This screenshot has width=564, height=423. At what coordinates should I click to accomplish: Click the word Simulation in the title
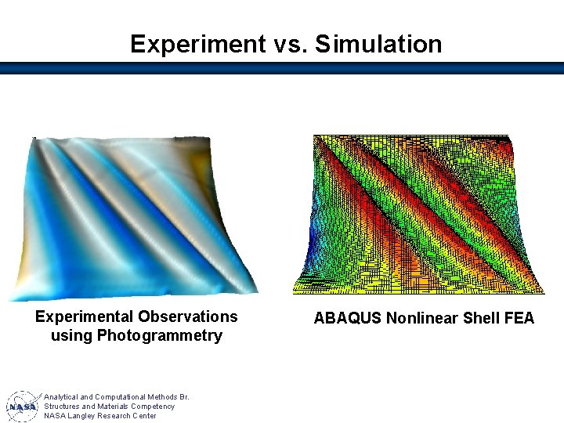[x=378, y=44]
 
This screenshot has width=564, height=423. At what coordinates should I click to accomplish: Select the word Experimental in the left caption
[x=85, y=316]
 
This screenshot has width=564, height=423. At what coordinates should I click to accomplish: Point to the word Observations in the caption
[x=188, y=316]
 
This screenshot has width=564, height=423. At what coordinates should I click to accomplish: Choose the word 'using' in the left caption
[x=68, y=336]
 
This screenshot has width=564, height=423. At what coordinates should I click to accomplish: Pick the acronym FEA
[x=519, y=318]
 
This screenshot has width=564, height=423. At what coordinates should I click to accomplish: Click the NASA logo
[x=22, y=407]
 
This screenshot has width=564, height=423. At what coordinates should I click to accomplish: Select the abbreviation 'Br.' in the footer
[x=183, y=397]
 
